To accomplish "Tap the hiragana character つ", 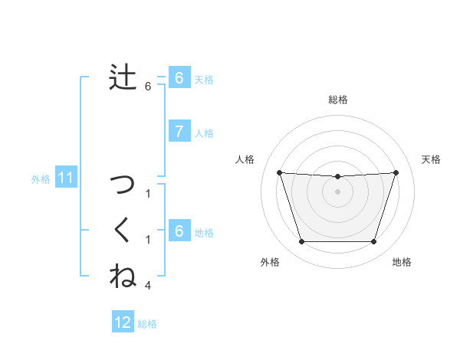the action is [x=123, y=185].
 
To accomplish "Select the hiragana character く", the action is [x=123, y=231].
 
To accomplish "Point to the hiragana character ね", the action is [x=123, y=276].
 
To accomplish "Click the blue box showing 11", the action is [x=65, y=178].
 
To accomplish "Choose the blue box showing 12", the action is [x=123, y=322].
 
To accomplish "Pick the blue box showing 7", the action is [x=179, y=132].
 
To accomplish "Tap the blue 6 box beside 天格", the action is [x=179, y=78].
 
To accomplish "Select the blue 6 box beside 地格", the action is [x=179, y=231].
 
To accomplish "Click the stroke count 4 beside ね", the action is [x=148, y=286].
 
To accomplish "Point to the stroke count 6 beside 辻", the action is [x=148, y=87].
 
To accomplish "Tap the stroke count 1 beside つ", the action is [x=148, y=194].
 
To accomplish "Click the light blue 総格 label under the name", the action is [x=147, y=324].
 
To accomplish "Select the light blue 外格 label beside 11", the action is [x=41, y=179].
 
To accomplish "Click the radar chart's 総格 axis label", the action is [x=337, y=100].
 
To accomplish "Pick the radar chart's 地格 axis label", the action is [x=402, y=263].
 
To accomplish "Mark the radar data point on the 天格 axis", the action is [x=396, y=172].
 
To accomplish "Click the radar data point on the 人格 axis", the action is [x=279, y=172].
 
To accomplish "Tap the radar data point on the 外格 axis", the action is [x=301, y=242].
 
